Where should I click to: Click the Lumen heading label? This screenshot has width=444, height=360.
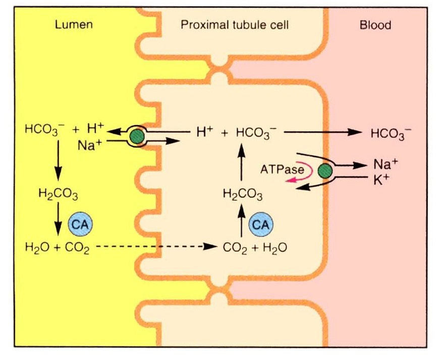74,25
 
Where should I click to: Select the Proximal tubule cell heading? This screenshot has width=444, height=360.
235,25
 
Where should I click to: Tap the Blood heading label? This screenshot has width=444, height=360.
375,25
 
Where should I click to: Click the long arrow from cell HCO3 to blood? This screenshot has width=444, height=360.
323,133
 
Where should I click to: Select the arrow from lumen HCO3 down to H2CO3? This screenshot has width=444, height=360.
58,161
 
